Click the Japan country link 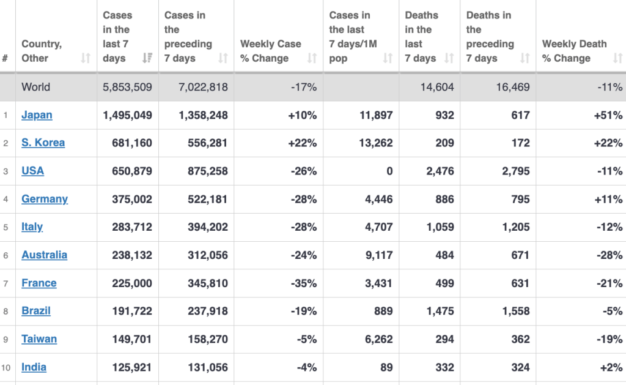pyautogui.click(x=37, y=115)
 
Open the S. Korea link pyautogui.click(x=43, y=143)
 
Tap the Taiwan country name pyautogui.click(x=39, y=339)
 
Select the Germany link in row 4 pyautogui.click(x=45, y=199)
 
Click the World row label pyautogui.click(x=35, y=87)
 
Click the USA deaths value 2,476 pyautogui.click(x=437, y=171)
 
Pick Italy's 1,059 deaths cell pyautogui.click(x=437, y=227)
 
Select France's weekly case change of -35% pyautogui.click(x=304, y=283)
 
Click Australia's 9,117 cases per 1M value pyautogui.click(x=379, y=255)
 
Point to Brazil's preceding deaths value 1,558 pyautogui.click(x=512, y=311)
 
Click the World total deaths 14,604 pyautogui.click(x=437, y=87)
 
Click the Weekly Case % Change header pyautogui.click(x=271, y=51)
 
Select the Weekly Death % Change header pyautogui.click(x=574, y=51)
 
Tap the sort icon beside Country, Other pyautogui.click(x=86, y=58)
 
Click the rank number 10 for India pyautogui.click(x=6, y=367)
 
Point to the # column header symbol pyautogui.click(x=5, y=58)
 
